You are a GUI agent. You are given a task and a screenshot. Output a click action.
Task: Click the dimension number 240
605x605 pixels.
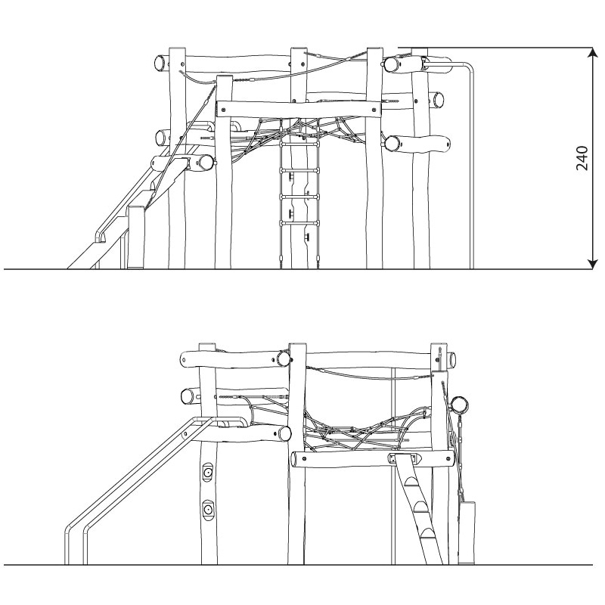click(582, 158)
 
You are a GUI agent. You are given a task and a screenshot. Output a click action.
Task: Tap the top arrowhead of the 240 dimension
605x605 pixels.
click(593, 52)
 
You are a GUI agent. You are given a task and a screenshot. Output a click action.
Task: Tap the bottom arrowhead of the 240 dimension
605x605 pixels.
click(593, 264)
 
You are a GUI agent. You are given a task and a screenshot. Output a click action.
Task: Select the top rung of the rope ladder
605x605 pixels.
click(299, 144)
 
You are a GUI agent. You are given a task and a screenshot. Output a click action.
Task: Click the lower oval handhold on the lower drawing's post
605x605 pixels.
click(208, 510)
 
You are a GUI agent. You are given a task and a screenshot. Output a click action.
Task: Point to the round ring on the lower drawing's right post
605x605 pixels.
click(460, 405)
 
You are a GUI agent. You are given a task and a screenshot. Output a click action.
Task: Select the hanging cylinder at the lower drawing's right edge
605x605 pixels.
click(467, 532)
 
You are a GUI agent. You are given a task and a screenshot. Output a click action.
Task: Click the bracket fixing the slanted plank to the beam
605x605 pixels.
click(405, 459)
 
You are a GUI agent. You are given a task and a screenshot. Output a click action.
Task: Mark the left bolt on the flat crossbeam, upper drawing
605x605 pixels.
click(224, 109)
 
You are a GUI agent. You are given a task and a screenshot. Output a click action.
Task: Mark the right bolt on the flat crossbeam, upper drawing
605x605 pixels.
click(374, 109)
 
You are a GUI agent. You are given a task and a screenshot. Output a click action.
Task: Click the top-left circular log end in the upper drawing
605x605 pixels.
click(160, 63)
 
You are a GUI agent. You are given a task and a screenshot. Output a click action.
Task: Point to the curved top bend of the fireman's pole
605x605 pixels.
click(468, 66)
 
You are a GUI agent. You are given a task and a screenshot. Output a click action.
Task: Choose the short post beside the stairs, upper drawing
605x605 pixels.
click(137, 237)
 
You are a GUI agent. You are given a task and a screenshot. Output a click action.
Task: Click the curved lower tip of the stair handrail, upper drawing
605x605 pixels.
click(100, 237)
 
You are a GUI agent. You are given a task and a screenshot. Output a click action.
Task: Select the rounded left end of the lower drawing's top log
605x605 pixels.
click(185, 360)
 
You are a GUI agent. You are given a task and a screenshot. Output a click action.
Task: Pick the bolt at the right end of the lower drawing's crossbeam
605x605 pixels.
click(448, 459)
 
